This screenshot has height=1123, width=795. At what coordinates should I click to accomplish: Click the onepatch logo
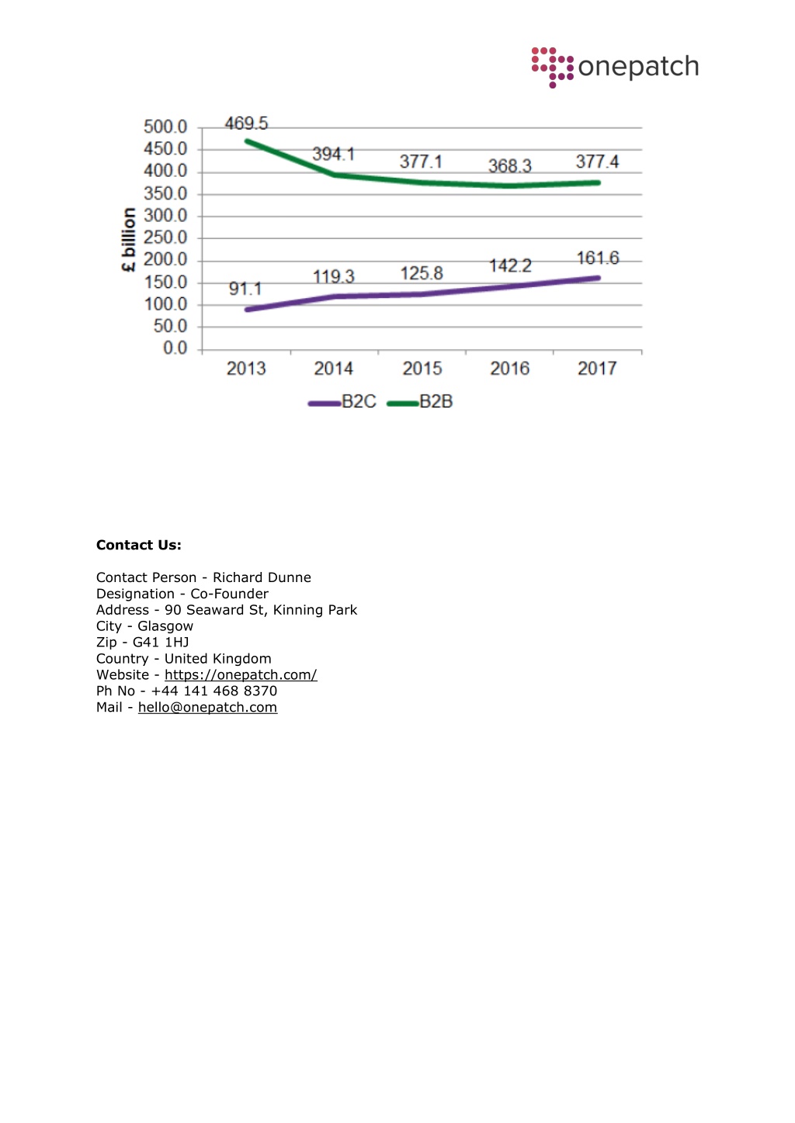[x=615, y=68]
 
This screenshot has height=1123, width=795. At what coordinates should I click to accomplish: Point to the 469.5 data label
[x=246, y=123]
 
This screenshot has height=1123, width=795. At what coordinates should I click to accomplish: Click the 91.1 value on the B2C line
[x=245, y=289]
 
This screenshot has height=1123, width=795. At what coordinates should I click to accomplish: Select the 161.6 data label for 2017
[x=597, y=258]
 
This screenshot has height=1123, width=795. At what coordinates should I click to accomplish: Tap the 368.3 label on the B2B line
[x=509, y=166]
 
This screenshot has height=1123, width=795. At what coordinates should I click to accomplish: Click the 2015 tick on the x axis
[x=422, y=369]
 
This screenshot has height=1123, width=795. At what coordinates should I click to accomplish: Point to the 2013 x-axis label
[x=246, y=369]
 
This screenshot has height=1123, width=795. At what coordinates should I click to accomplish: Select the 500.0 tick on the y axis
[x=165, y=127]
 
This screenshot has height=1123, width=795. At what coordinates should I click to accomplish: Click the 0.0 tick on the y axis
[x=175, y=348]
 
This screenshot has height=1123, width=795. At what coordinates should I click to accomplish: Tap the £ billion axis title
[x=129, y=240]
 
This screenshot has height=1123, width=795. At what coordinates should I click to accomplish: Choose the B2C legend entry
[x=342, y=402]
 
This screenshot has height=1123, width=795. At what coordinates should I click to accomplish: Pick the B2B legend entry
[x=420, y=402]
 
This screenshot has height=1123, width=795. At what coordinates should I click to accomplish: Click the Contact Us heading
[x=138, y=545]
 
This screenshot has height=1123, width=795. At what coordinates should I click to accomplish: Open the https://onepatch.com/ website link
[x=241, y=674]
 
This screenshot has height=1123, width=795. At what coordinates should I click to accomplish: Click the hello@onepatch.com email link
[x=207, y=707]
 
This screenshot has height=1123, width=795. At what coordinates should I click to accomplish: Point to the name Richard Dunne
[x=262, y=577]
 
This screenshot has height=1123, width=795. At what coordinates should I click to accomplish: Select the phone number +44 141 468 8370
[x=214, y=691]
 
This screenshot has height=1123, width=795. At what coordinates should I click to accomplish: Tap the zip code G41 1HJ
[x=161, y=643]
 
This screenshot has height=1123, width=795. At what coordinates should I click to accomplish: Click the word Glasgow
[x=165, y=626]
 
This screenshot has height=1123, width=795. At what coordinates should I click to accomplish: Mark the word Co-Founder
[x=229, y=594]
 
